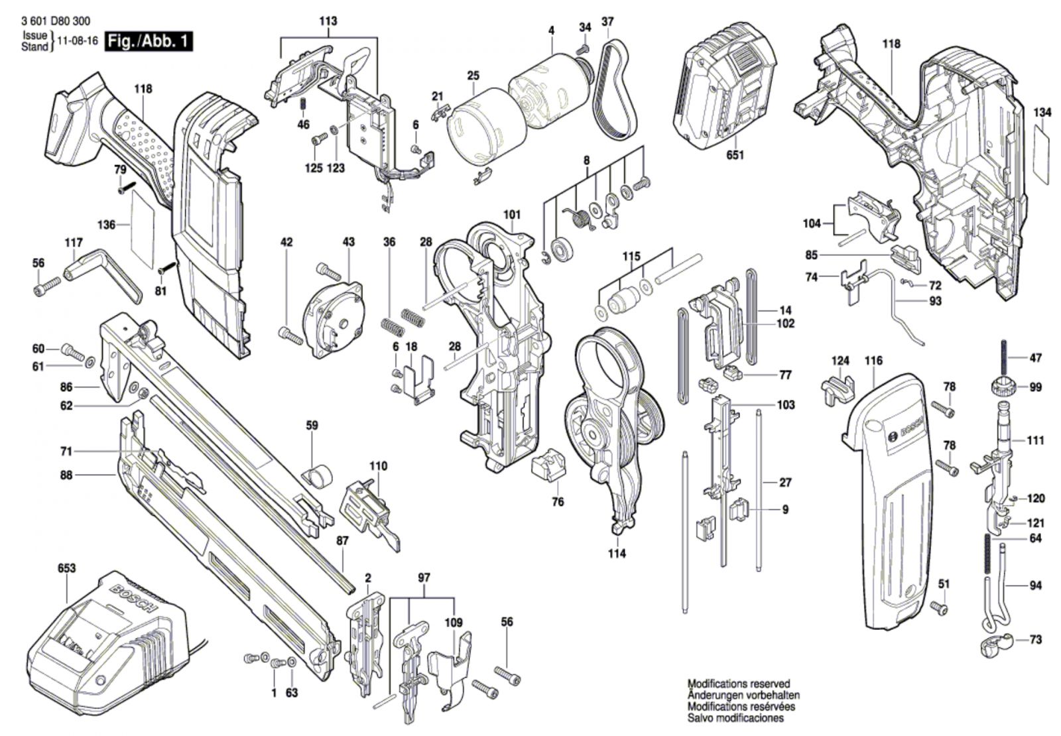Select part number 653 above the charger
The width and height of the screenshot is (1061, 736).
coord(66,568)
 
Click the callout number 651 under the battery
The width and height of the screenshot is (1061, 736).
coord(735,155)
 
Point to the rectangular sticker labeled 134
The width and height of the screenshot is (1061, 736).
coord(1042,156)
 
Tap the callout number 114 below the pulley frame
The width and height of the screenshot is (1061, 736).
coord(617,554)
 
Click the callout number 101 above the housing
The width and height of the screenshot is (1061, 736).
coord(512,215)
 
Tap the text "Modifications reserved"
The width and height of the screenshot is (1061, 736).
coord(738,684)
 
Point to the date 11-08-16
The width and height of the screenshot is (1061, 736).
coord(78,41)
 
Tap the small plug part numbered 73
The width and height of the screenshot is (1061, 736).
coord(992,644)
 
